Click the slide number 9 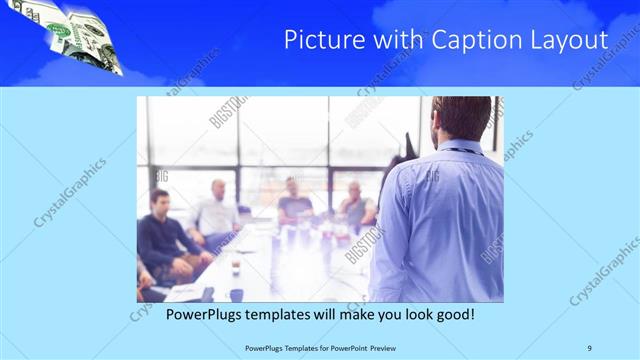point(590,347)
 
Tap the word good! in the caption point(451,314)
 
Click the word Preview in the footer point(378,347)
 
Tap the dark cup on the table point(236,294)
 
